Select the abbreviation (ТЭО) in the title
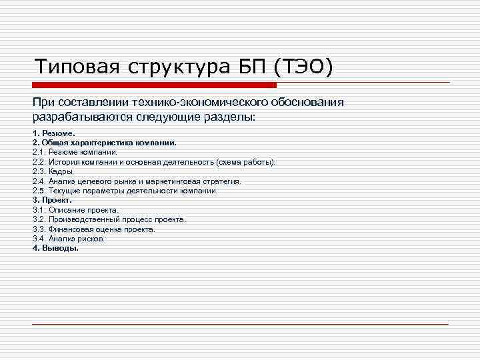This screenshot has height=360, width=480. tap(302, 67)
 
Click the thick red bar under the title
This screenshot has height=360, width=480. tap(153, 85)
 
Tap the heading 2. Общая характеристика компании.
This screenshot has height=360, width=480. tap(104, 143)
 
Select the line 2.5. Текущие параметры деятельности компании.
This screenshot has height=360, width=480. tap(125, 191)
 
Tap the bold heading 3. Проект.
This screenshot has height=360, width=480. tap(52, 200)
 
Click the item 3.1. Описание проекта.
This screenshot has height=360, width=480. tap(75, 209)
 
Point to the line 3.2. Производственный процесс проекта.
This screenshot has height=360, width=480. tap(109, 219)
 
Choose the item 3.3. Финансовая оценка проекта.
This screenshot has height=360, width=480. tap(94, 229)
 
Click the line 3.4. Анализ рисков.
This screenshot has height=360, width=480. tap(69, 238)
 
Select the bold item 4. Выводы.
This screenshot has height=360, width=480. tap(55, 248)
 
